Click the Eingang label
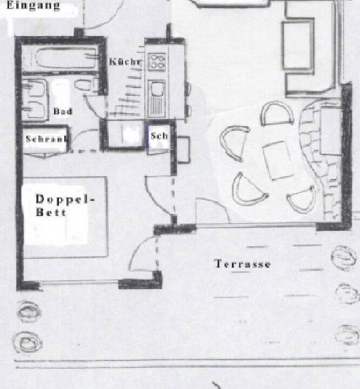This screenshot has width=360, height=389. [33, 5]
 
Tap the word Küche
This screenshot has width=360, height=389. [125, 62]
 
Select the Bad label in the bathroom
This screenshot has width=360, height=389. [63, 111]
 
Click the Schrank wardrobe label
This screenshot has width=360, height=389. [46, 139]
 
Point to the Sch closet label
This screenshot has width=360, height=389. [159, 136]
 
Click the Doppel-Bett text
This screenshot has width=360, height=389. [65, 205]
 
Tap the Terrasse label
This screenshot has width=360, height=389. [242, 264]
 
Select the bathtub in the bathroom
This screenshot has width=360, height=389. [66, 59]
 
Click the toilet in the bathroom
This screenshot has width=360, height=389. [86, 85]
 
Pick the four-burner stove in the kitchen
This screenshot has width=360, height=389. [157, 62]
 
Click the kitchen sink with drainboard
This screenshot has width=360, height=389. [157, 98]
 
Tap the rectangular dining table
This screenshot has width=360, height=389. [278, 160]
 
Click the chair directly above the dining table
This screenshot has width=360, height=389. [277, 113]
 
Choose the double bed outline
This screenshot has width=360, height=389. [65, 217]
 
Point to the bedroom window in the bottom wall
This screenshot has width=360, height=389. [80, 282]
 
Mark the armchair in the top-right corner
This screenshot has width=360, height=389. [298, 45]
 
